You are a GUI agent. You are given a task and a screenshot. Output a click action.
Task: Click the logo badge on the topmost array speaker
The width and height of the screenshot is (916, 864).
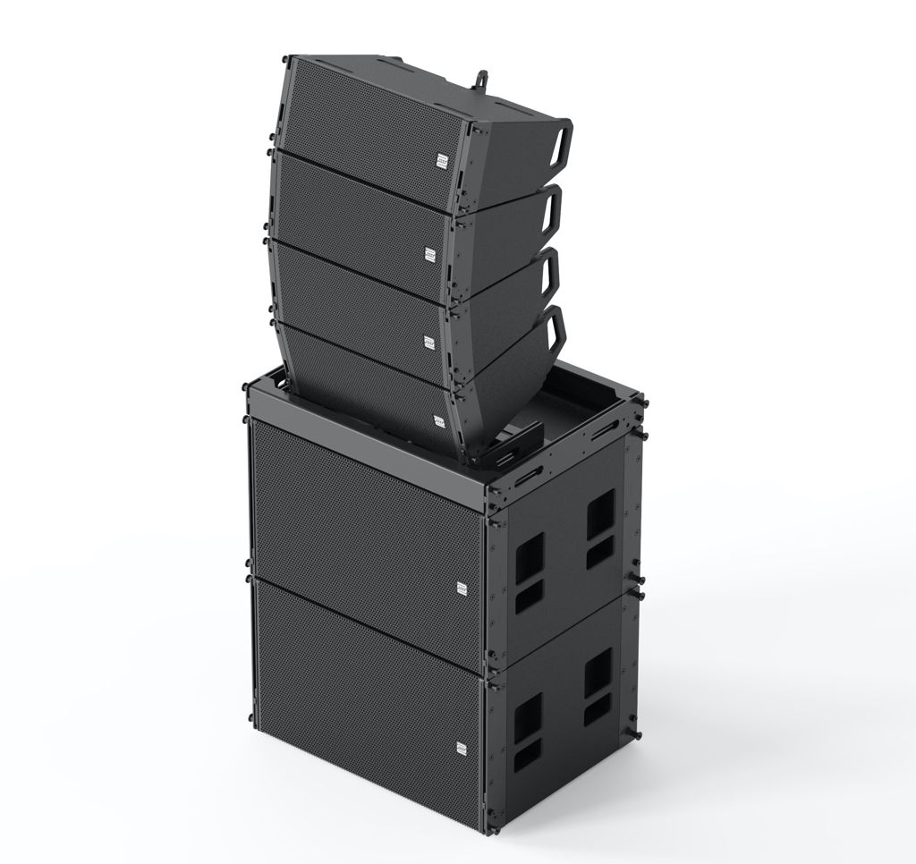441,160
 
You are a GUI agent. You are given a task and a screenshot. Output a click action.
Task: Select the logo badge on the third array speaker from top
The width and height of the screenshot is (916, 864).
428,342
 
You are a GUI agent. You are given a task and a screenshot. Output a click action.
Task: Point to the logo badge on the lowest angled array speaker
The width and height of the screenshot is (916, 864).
439,419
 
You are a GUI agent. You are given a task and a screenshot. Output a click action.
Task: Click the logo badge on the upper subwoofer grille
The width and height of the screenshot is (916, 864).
462,588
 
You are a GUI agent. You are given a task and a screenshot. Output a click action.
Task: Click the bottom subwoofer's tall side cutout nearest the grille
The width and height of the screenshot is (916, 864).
527,715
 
